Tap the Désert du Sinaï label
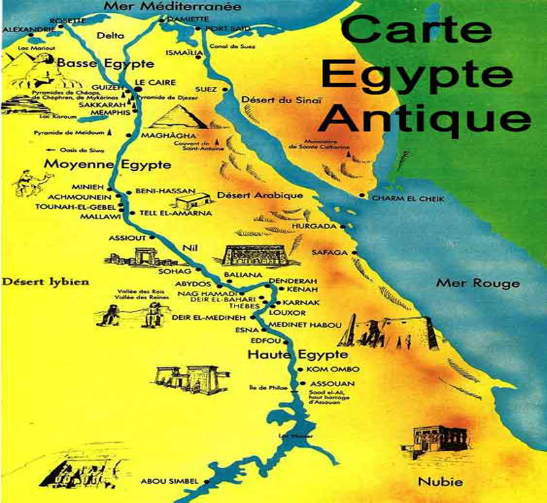(x=271, y=101)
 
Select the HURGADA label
(x=314, y=226)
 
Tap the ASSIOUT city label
(x=127, y=239)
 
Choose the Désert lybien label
(x=39, y=281)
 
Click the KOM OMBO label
(x=325, y=370)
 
